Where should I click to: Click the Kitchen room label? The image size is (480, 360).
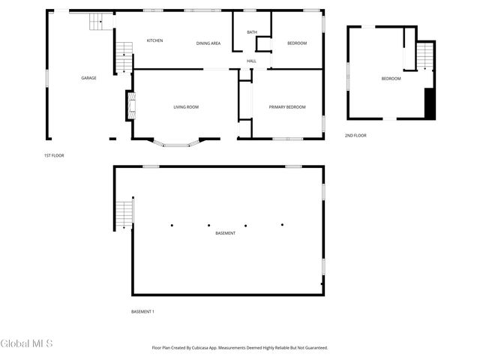point(155,40)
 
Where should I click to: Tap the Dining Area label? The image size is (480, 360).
point(208,43)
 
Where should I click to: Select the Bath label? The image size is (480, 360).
point(252,32)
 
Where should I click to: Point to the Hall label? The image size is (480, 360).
point(252,61)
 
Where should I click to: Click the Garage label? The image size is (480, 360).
point(89,78)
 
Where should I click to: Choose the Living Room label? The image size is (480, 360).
point(186,107)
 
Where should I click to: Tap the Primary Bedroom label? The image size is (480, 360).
point(288,107)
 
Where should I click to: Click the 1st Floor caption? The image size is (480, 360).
point(54,155)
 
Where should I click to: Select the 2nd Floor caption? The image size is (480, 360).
point(355,135)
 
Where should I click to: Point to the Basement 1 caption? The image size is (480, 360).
point(142,311)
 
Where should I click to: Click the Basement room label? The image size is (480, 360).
point(226,233)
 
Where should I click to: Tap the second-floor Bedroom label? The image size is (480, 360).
point(391,79)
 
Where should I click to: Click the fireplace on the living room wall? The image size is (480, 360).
point(130,105)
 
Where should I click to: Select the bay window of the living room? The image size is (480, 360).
point(177,142)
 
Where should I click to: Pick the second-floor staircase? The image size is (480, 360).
point(425,56)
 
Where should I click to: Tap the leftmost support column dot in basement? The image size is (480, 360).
point(172,224)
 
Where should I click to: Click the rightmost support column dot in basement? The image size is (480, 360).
point(283,224)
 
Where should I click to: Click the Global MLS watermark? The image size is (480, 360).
point(27,344)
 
